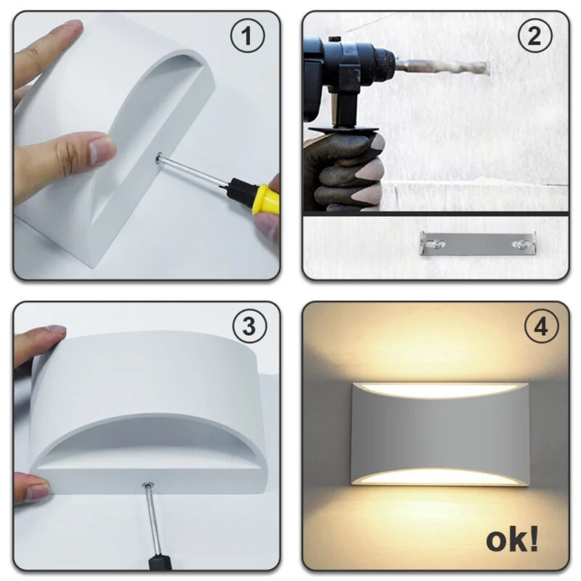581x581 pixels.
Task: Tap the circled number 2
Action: (534, 37)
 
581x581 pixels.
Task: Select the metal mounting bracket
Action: (477, 243)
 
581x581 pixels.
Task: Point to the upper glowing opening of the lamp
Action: (440, 390)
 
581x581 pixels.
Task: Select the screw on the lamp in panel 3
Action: (149, 484)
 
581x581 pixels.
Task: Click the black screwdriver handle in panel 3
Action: (160, 562)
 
